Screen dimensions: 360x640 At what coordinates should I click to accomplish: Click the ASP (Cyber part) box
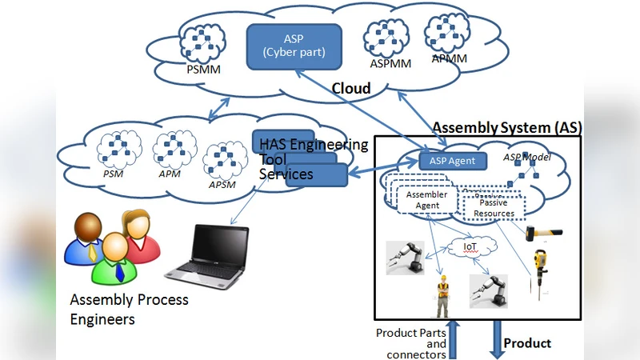294,45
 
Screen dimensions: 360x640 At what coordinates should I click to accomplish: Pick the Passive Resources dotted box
493,208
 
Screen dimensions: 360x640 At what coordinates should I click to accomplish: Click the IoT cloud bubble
471,248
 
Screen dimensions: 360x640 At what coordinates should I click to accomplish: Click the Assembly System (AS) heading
507,127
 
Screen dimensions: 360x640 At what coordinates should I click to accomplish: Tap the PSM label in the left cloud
113,172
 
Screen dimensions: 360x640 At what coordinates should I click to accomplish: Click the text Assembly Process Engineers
129,310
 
